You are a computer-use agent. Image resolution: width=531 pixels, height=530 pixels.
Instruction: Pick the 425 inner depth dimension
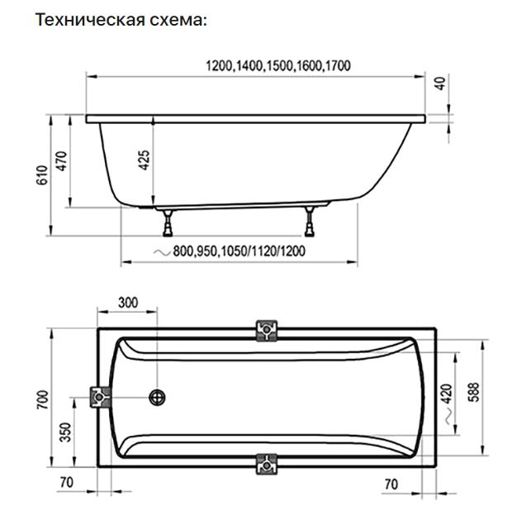pos(144,159)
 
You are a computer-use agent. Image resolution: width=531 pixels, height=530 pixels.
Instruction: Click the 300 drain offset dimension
pos(127,302)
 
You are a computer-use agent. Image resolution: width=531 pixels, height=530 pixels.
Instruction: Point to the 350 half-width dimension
pos(65,432)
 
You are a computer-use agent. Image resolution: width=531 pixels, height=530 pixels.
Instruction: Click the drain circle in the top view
pos(157,399)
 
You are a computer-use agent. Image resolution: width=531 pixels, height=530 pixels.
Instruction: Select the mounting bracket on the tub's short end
pos(101,398)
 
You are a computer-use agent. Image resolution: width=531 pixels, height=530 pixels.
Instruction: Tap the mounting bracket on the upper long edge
pos(268,331)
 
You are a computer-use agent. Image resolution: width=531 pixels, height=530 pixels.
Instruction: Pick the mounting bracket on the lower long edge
pos(268,465)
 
